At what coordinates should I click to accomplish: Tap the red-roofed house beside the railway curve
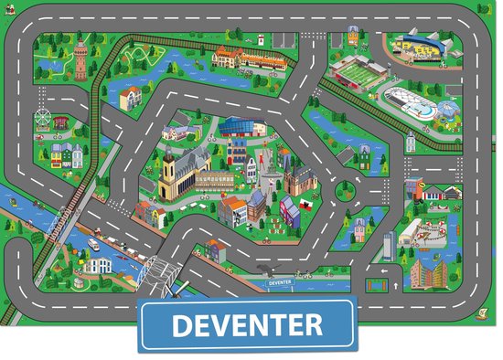pos(132,95)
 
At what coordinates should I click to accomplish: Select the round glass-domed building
pos(447,111)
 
